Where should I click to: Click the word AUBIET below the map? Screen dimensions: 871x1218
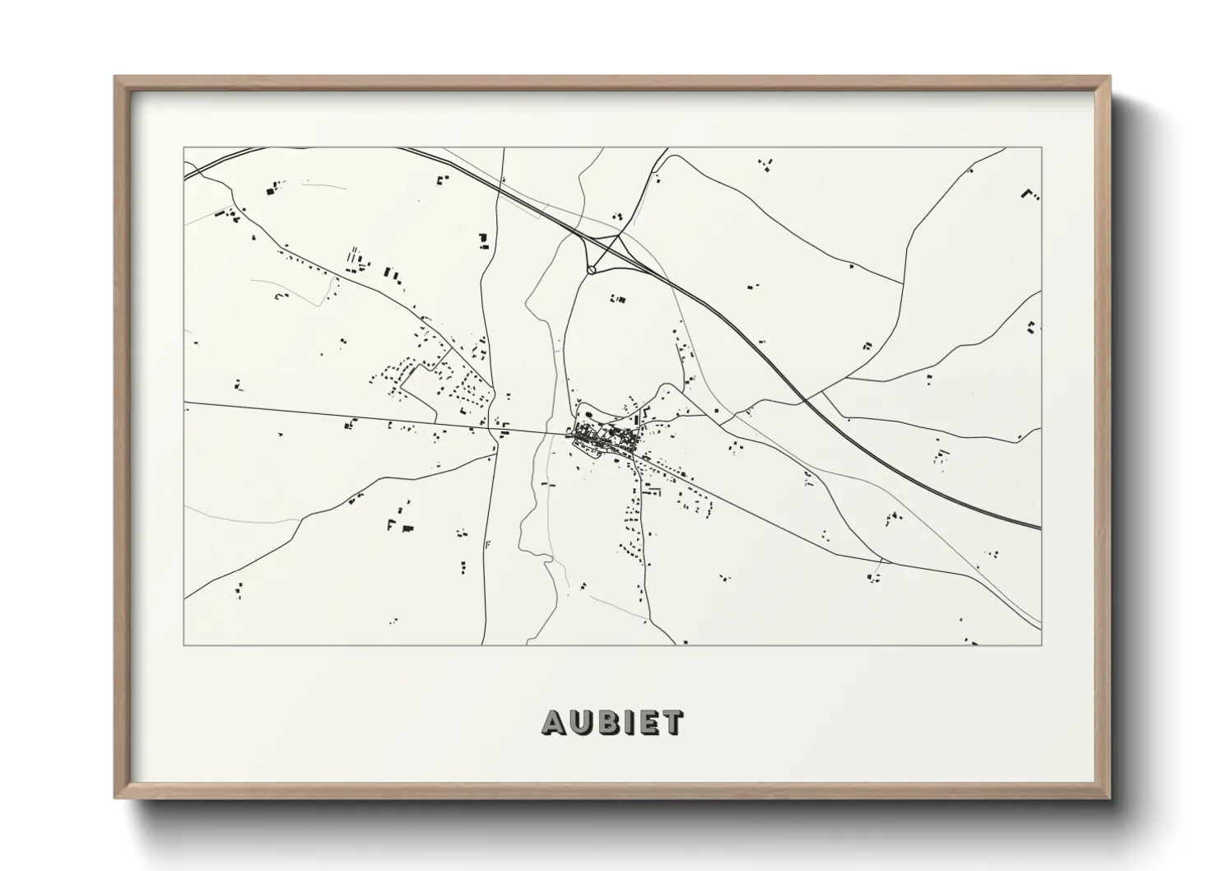pyautogui.click(x=612, y=722)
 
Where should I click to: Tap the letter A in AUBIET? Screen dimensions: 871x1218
pyautogui.click(x=554, y=722)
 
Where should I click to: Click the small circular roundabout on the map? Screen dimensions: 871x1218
pyautogui.click(x=592, y=268)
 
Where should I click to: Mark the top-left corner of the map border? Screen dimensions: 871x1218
pyautogui.click(x=184, y=148)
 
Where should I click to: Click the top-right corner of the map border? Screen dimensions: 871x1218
pyautogui.click(x=1041, y=148)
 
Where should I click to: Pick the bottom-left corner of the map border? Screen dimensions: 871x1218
pyautogui.click(x=184, y=645)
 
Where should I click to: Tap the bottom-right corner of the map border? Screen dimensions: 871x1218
pyautogui.click(x=1041, y=645)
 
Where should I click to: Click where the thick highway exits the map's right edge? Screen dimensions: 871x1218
pyautogui.click(x=1040, y=527)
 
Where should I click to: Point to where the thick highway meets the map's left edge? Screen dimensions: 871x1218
pyautogui.click(x=185, y=176)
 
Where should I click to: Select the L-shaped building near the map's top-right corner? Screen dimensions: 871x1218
pyautogui.click(x=1030, y=194)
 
